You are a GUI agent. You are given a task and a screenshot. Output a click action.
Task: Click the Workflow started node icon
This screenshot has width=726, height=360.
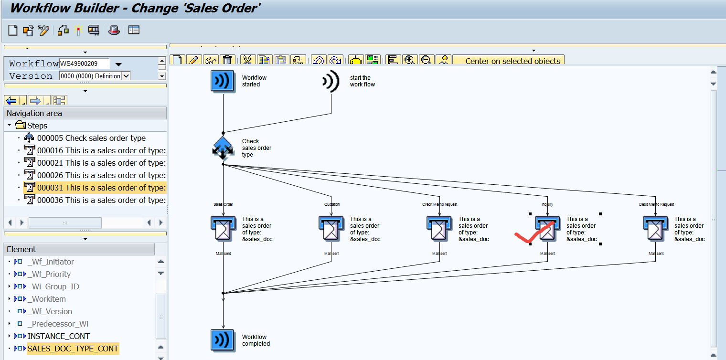223,81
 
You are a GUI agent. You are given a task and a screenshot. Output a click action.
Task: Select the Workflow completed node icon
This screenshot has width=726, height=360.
223,340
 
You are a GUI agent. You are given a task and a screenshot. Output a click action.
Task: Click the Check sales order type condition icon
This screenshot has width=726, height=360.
223,148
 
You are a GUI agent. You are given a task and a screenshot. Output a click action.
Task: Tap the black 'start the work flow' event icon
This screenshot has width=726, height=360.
331,81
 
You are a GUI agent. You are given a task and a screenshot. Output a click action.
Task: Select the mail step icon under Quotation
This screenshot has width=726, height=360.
331,229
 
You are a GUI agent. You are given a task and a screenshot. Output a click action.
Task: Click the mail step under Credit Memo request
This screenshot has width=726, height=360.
439,229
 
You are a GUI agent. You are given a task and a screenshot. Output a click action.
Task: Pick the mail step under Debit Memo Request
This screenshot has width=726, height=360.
655,229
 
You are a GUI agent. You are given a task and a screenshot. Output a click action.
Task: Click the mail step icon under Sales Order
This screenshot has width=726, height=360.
223,229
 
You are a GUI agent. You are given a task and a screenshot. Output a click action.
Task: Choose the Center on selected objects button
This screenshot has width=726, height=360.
512,61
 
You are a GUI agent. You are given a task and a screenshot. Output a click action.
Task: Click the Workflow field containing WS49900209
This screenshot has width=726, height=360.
84,64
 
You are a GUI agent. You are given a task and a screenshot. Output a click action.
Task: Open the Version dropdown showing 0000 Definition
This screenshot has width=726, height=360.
126,76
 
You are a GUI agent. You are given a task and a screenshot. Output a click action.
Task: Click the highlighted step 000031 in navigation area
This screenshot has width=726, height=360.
101,188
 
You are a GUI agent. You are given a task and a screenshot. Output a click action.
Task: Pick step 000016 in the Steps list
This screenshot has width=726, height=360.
101,150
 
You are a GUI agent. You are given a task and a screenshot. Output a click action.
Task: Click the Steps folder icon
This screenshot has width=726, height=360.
20,126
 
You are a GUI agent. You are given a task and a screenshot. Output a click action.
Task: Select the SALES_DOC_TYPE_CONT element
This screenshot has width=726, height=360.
73,349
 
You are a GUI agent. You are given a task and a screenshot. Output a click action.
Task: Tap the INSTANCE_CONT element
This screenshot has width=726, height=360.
58,336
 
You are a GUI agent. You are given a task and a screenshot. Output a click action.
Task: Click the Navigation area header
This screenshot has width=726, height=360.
34,113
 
